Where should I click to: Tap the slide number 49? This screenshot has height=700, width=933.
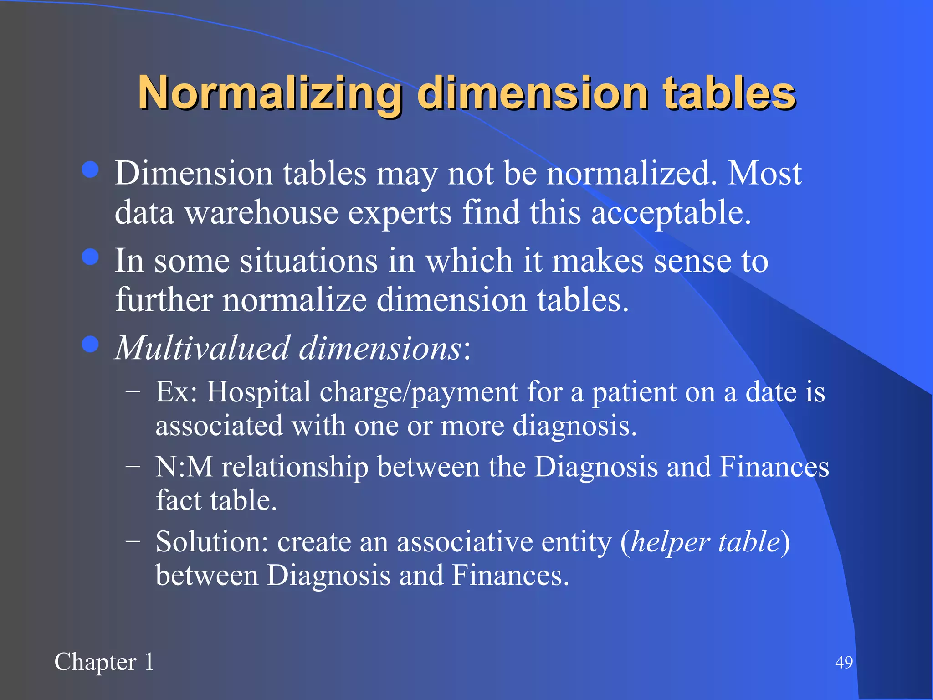click(844, 662)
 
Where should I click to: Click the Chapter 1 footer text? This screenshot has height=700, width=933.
click(104, 662)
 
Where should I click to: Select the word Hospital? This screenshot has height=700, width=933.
click(259, 391)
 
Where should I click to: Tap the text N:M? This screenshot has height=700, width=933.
click(184, 467)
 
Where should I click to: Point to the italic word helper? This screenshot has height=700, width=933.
click(670, 542)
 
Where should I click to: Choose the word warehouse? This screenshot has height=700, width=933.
click(261, 213)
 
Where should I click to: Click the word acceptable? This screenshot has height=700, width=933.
click(671, 213)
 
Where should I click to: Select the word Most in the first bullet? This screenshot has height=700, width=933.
click(764, 173)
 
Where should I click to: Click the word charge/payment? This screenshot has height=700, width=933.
click(419, 391)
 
